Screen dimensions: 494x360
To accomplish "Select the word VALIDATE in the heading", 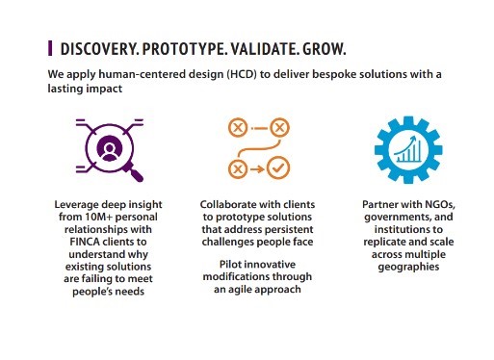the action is point(265,49).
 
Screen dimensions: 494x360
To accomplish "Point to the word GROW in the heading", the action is point(324,49).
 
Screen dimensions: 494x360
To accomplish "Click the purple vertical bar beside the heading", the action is point(50,48).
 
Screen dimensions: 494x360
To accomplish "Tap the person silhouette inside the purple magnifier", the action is point(109,150).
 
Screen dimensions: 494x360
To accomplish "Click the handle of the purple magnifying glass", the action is point(134,172).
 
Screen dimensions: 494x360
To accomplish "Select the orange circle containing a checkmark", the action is point(278,167).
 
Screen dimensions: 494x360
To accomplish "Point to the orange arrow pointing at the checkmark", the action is point(257,168).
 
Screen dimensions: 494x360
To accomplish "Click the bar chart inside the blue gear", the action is point(408,149).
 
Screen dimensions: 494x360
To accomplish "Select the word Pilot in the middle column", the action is point(228,264).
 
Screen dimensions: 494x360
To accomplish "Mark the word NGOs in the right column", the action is point(440,204).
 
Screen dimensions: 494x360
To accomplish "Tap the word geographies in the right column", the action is point(408,267).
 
